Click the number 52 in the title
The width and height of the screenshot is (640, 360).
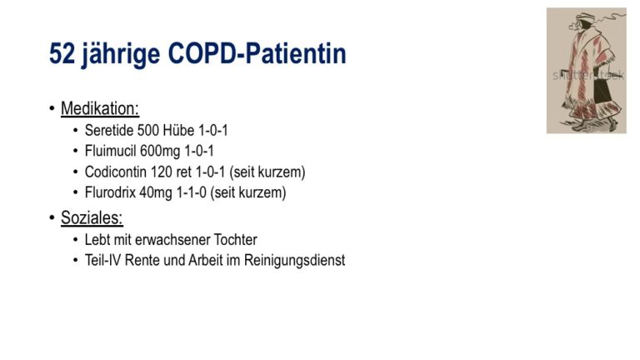[x=62, y=53]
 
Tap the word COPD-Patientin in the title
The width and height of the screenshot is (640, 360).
[x=257, y=53]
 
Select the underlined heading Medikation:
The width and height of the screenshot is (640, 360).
[x=100, y=108]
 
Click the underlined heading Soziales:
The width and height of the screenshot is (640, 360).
[x=92, y=217]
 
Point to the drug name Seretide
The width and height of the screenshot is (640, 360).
[x=109, y=130]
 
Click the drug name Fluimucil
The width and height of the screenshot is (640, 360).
[x=111, y=151]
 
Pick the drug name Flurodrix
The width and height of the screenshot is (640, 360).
[x=110, y=192]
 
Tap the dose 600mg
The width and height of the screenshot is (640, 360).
[x=160, y=152]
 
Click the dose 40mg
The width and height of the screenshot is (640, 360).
[x=156, y=193]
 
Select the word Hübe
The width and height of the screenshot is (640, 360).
[x=178, y=130]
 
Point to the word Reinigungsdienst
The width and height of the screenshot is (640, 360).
[x=295, y=261]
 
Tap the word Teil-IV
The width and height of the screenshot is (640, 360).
[x=102, y=260]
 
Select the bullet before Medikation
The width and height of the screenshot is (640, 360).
[x=52, y=108]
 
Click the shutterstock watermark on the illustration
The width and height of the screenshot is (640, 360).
[x=588, y=75]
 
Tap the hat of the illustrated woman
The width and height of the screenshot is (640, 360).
[x=586, y=17]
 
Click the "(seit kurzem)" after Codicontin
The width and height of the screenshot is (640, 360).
[x=267, y=172]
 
